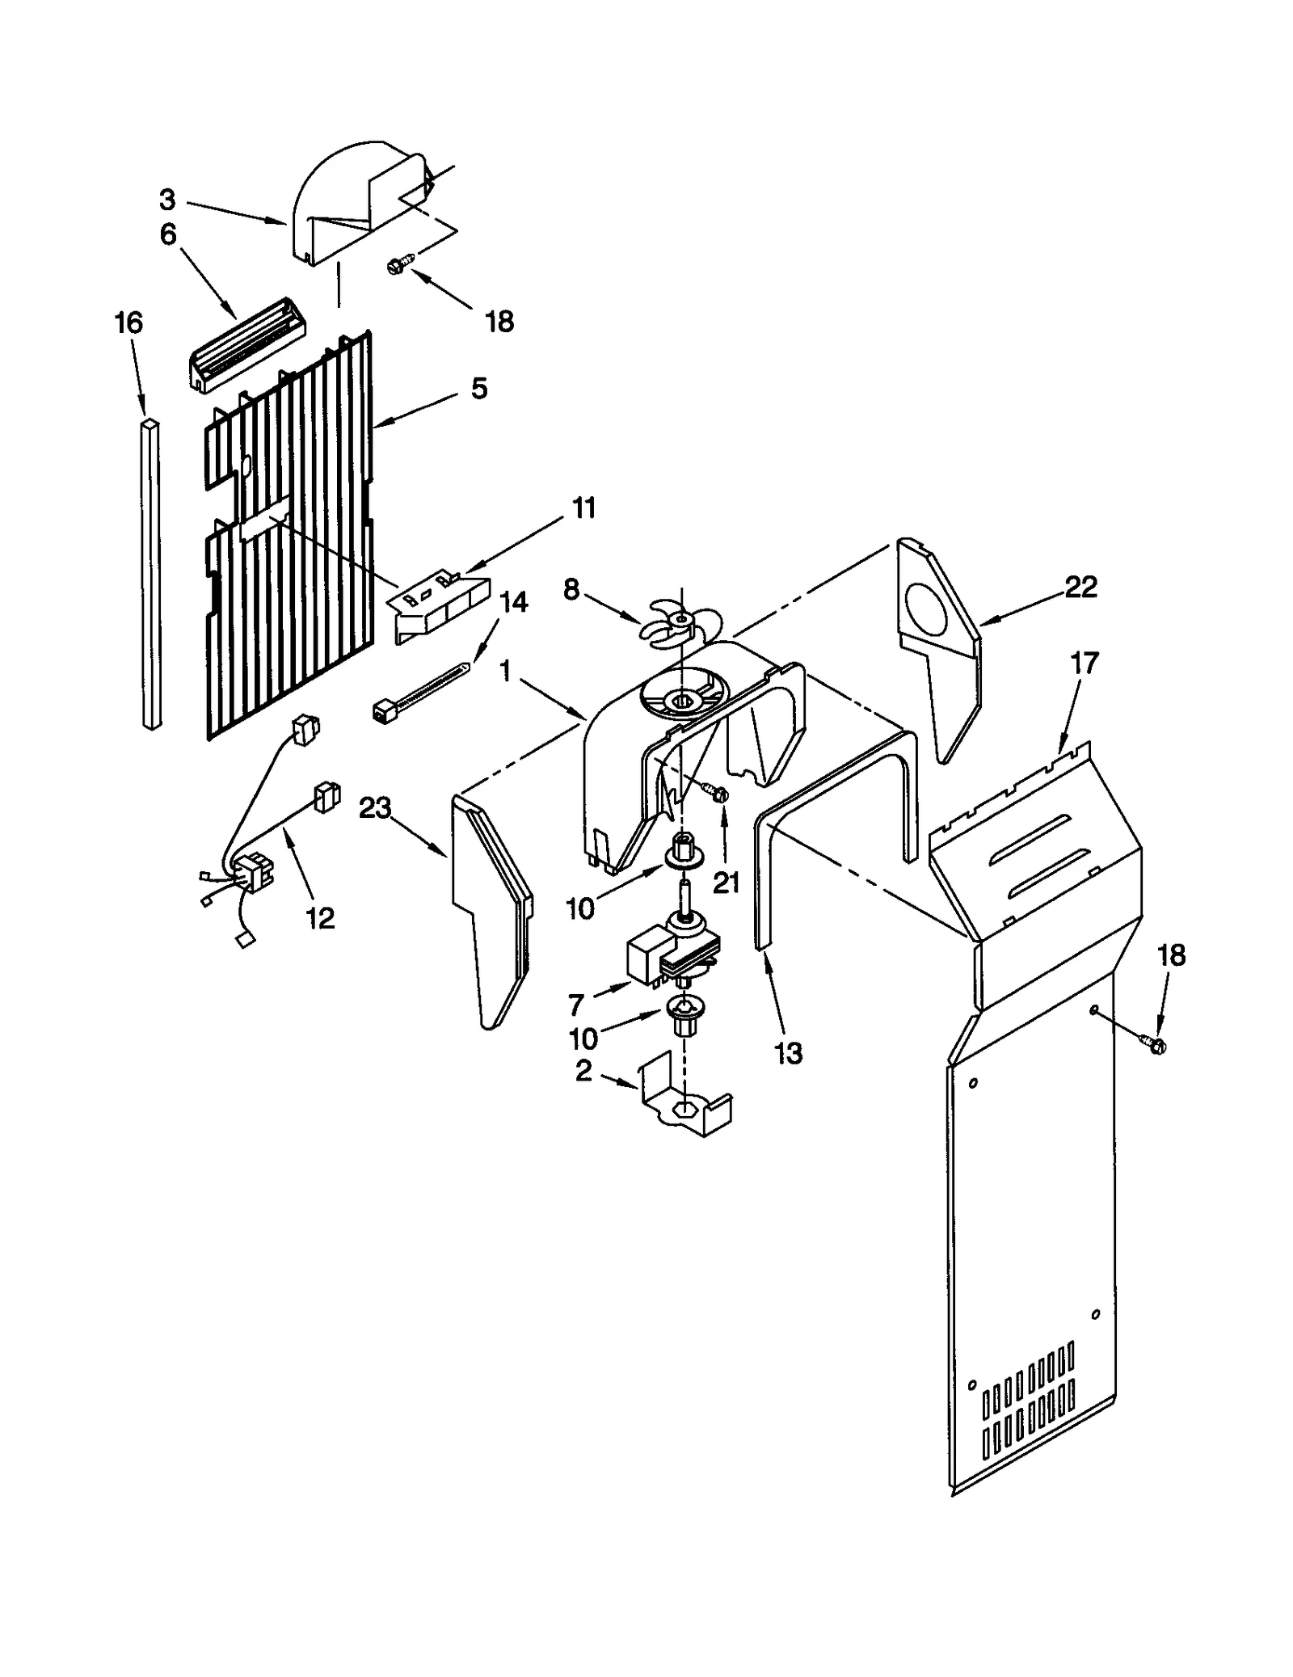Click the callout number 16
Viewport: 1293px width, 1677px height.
128,323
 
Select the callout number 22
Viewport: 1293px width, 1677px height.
1080,588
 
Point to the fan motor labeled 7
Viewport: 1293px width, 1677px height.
672,955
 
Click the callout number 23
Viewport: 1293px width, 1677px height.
375,807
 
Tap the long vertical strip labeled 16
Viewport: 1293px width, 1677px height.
151,574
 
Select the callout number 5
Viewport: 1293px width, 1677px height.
478,389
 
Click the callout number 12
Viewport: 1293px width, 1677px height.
320,917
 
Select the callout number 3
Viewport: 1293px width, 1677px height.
166,199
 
